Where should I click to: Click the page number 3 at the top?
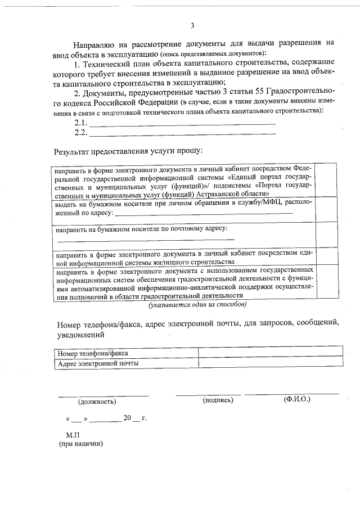[192, 25]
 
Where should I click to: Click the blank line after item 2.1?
[183, 123]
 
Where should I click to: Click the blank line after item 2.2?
[183, 133]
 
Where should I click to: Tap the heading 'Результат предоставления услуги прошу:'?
[128, 152]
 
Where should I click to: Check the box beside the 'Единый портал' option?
[326, 180]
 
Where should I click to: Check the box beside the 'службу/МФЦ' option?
[326, 209]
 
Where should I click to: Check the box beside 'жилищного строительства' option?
[326, 258]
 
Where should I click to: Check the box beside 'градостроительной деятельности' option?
[326, 284]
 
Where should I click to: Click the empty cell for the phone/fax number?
[271, 353]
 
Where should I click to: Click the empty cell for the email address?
[271, 363]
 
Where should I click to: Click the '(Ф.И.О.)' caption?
[298, 399]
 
